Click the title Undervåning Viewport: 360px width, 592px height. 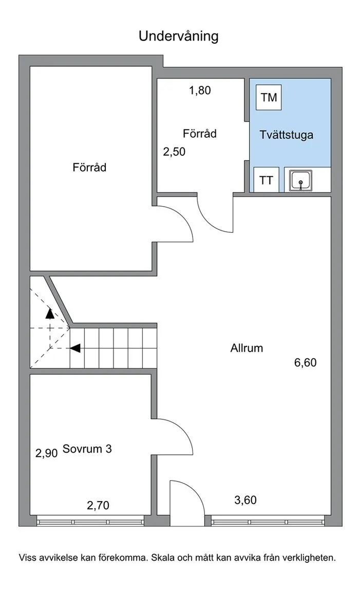tap(179, 36)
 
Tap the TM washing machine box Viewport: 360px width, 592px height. tap(269, 98)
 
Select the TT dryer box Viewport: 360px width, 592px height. tap(266, 180)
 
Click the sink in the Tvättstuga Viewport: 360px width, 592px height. tap(301, 180)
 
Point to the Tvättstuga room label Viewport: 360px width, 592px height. tap(287, 135)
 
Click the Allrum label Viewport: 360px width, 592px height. tap(247, 348)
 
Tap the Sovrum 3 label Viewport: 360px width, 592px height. tap(87, 449)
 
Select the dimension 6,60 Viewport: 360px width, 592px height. tap(305, 362)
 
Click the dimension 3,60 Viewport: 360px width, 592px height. tap(245, 500)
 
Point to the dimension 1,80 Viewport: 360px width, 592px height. tap(200, 90)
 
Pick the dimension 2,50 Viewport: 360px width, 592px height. tap(174, 152)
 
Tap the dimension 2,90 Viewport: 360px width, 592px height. tap(46, 453)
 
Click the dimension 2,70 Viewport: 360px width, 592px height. tap(98, 505)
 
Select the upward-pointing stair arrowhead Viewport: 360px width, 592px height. tap(50, 313)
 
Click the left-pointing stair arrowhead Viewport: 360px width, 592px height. tap(75, 348)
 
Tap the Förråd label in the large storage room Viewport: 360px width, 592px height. tap(89, 167)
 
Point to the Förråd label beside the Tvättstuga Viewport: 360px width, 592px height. tap(200, 133)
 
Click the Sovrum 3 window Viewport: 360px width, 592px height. tap(90, 522)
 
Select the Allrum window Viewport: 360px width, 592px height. tap(268, 522)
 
